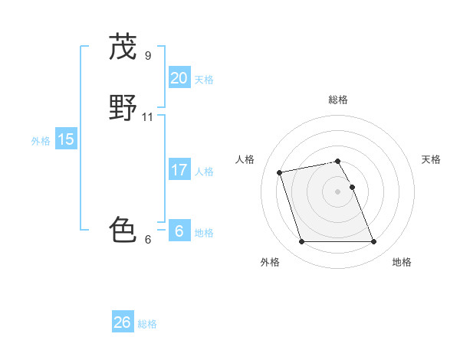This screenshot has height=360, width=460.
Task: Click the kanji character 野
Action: (x=123, y=108)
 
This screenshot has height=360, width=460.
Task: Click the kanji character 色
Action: (x=123, y=228)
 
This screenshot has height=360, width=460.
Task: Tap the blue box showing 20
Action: (x=179, y=77)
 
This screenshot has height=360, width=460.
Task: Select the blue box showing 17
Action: (x=179, y=170)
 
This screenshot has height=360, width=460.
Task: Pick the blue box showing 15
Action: (x=65, y=139)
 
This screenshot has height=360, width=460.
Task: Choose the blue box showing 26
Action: (x=122, y=322)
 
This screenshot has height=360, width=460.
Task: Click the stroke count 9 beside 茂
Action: (x=148, y=55)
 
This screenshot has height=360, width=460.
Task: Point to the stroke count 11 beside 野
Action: (x=148, y=117)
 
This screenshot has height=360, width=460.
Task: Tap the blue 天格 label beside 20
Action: (x=204, y=79)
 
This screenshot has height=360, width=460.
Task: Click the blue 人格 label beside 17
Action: (x=204, y=172)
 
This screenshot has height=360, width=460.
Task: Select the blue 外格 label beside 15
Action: (x=41, y=141)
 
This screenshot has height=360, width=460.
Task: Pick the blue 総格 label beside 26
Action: (x=147, y=324)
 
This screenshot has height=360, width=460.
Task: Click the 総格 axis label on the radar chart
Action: (x=338, y=100)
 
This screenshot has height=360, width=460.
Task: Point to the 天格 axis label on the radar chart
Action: (x=431, y=159)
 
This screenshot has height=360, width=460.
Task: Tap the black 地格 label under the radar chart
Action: (x=402, y=262)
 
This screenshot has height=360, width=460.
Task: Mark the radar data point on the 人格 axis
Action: (x=280, y=172)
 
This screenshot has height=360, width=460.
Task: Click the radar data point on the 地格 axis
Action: (x=373, y=242)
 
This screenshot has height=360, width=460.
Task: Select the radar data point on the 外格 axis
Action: (x=301, y=242)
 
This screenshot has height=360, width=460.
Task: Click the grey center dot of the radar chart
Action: (x=338, y=191)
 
